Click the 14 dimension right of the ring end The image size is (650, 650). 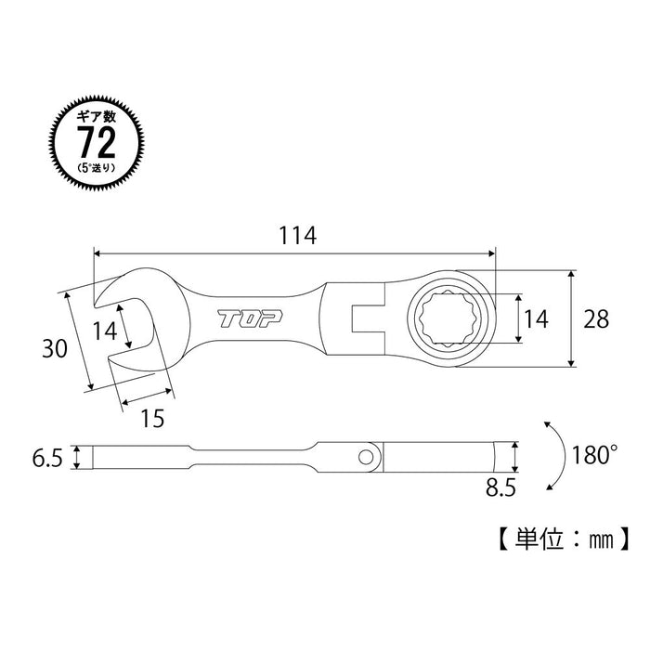(x=536, y=318)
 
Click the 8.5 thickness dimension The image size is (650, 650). (x=503, y=485)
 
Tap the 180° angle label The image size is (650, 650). (x=594, y=456)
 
